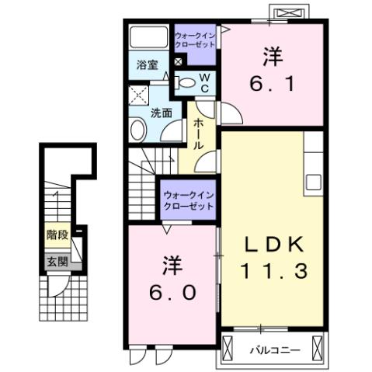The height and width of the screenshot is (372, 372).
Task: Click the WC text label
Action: tap(204, 82)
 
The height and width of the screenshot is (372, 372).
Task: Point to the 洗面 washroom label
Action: tap(161, 113)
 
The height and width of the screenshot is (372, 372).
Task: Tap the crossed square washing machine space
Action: tap(140, 96)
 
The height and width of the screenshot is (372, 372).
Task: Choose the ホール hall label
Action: tap(199, 134)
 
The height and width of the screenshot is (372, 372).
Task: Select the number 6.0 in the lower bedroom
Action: tap(172, 294)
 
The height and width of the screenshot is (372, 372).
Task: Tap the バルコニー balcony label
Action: tap(274, 350)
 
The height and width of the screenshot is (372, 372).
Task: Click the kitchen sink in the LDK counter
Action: tap(313, 182)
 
